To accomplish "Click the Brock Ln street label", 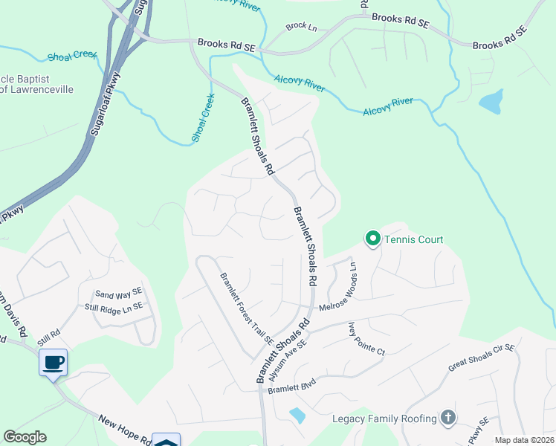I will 301,26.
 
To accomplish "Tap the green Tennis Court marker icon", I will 372,239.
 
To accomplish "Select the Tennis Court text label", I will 413,239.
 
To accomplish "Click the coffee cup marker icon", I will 53,363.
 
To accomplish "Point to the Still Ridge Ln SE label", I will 113,306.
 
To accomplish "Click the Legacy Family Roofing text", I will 384,418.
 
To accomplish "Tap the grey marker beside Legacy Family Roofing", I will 447,418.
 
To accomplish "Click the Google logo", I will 25,437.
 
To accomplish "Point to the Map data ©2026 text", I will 523,440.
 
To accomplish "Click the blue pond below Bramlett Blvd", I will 297,416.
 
